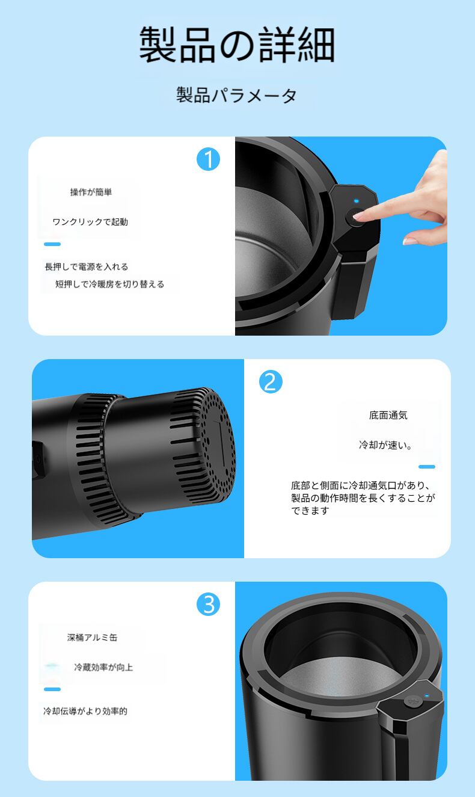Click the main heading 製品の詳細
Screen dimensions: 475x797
point(237,45)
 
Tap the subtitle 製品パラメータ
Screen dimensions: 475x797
point(236,96)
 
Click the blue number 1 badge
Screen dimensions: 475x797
point(209,159)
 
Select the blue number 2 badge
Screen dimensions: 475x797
point(271,382)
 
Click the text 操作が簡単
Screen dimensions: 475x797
point(91,192)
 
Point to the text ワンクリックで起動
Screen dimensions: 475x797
point(90,222)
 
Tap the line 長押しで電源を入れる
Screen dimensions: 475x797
point(87,266)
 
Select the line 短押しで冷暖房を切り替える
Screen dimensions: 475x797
point(110,285)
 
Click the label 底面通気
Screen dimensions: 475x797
point(388,415)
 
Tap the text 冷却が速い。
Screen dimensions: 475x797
point(385,445)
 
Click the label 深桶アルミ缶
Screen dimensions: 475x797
point(93,637)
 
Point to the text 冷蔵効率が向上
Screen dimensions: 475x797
point(103,667)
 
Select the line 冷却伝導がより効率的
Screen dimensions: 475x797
point(85,711)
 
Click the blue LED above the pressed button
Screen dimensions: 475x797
point(356,201)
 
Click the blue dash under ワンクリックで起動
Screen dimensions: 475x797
point(52,244)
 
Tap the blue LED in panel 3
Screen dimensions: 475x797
point(427,695)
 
